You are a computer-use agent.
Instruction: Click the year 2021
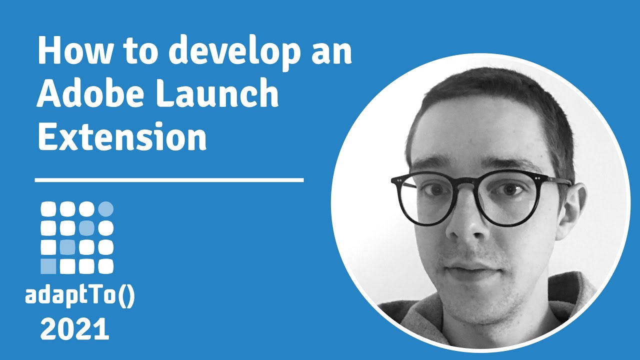coord(74,330)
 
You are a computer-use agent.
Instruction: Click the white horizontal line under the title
coord(169,179)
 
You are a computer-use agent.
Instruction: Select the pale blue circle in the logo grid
coord(106,208)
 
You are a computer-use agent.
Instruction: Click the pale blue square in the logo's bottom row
coord(48,266)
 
